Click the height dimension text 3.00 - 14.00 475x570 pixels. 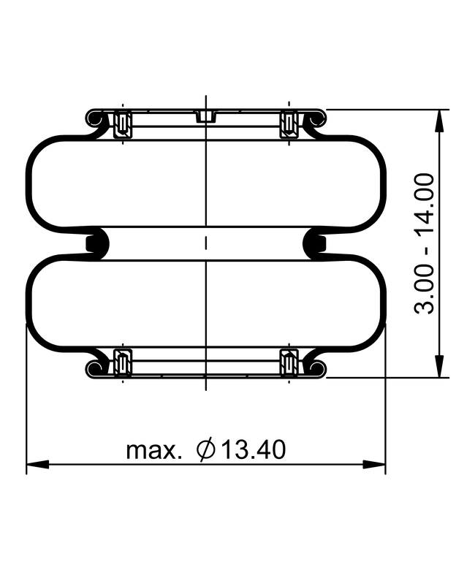pos(425,243)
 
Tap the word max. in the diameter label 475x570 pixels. pos(154,449)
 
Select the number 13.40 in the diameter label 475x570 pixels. pos(253,449)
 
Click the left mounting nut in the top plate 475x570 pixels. pos(123,123)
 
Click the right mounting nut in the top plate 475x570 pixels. pos(290,123)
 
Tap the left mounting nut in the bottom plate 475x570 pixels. pos(123,363)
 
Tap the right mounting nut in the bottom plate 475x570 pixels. pos(290,363)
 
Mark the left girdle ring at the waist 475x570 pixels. pos(96,243)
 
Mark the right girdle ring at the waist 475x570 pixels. pos(317,243)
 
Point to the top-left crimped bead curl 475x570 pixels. pos(95,118)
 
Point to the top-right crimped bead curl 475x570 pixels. pos(318,118)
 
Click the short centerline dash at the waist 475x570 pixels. pos(207,243)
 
